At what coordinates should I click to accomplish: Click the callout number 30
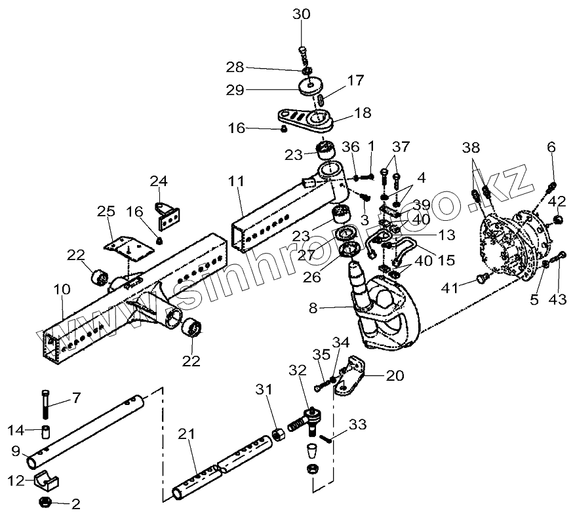point(302,14)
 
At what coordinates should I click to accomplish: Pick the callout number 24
point(159,180)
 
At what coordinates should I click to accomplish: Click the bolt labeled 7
point(45,404)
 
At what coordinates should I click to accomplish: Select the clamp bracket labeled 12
point(45,482)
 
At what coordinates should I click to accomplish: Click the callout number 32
point(298,370)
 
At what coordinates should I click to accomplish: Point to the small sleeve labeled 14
point(47,432)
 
